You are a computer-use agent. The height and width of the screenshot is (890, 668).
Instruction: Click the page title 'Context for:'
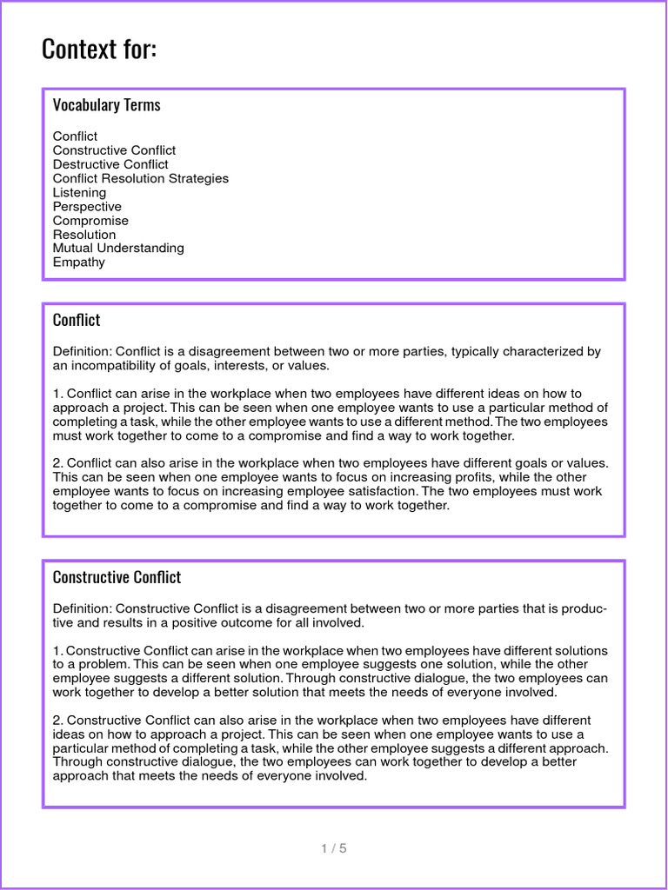point(99,49)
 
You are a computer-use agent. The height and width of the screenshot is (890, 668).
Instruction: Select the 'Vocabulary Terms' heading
point(106,105)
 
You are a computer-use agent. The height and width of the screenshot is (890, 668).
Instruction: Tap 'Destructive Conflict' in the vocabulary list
point(110,164)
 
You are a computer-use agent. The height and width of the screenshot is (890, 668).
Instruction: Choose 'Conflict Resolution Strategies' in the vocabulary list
point(140,178)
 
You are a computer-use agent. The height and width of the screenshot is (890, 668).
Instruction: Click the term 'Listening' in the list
point(79,192)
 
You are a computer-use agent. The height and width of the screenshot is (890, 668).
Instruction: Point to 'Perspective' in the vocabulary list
point(87,207)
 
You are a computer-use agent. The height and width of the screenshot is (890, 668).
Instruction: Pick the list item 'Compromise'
point(90,221)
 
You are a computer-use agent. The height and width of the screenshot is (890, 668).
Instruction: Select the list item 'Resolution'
point(83,235)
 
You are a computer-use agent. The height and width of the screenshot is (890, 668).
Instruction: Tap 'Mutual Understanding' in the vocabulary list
point(118,249)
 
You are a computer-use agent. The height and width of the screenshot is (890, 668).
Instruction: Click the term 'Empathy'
point(78,262)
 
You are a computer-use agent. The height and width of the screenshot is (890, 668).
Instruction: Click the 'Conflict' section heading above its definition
point(77,320)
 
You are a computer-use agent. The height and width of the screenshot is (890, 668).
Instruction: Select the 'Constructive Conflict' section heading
point(117,577)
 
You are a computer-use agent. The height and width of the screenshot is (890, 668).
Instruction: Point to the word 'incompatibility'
point(114,366)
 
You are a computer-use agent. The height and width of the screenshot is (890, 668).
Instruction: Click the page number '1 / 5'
point(333,848)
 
